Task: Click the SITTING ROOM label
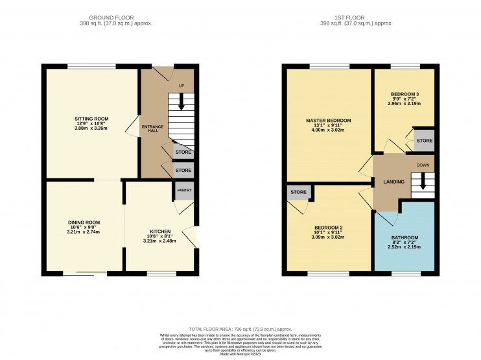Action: (91, 119)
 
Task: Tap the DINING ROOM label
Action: (84, 222)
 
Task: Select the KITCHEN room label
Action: (160, 232)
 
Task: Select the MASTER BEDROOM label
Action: (328, 121)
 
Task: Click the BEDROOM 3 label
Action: (405, 94)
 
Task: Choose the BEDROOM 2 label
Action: (328, 228)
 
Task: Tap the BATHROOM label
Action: (405, 237)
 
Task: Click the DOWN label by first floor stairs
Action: (423, 165)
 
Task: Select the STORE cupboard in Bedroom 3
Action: (424, 141)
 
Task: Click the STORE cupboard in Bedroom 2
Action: (298, 192)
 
